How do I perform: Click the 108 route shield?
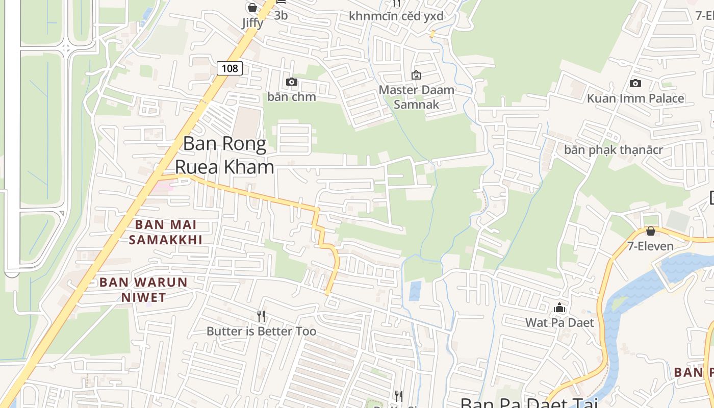pos(229,68)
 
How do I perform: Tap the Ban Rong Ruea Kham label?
pos(224,155)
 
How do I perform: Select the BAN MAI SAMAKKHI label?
pos(165,232)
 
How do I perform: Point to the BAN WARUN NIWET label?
pos(143,290)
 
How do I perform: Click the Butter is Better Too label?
pos(261,331)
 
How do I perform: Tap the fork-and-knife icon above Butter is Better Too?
pos(261,316)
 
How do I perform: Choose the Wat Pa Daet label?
pos(559,323)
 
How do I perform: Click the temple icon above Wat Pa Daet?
pos(559,308)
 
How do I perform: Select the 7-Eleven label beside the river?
pos(650,246)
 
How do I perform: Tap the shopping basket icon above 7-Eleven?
pos(650,231)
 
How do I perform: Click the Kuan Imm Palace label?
pos(635,98)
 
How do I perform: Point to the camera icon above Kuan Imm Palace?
pos(635,83)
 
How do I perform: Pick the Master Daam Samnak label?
pos(416,97)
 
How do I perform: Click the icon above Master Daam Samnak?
pos(416,75)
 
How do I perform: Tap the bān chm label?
pos(292,97)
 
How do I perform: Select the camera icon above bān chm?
pos(292,82)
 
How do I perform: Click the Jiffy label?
pos(252,23)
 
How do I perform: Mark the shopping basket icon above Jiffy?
pos(252,8)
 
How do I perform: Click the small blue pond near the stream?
pos(415,291)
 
